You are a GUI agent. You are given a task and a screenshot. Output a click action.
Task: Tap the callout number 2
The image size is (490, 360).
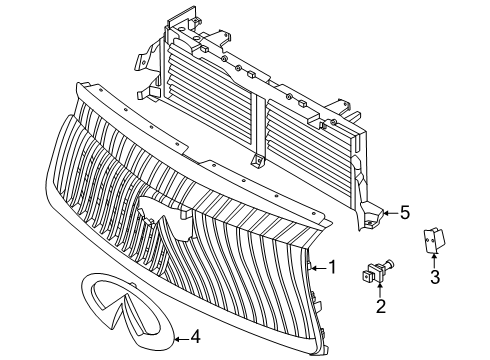[380, 307]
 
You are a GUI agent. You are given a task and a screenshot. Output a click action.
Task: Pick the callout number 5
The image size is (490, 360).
[404, 212]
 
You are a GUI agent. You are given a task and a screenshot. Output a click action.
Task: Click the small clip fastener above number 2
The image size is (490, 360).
[377, 270]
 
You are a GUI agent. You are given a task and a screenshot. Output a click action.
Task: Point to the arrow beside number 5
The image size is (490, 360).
[390, 212]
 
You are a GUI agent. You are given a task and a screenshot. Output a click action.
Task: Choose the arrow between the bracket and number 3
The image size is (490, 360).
[434, 261]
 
